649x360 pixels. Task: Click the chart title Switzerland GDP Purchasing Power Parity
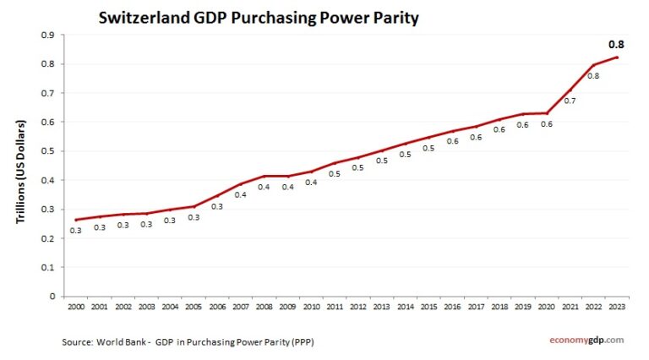259,17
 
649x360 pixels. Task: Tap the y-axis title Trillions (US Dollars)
21,172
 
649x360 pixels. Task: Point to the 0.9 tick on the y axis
48,35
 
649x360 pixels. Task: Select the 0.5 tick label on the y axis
48,151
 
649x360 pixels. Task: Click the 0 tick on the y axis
52,297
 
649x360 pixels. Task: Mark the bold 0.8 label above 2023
617,44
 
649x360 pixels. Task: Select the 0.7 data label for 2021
570,101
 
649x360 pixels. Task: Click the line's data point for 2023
617,57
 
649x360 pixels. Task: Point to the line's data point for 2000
77,220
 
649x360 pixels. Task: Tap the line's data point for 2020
546,113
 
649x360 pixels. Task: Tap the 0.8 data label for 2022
593,76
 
